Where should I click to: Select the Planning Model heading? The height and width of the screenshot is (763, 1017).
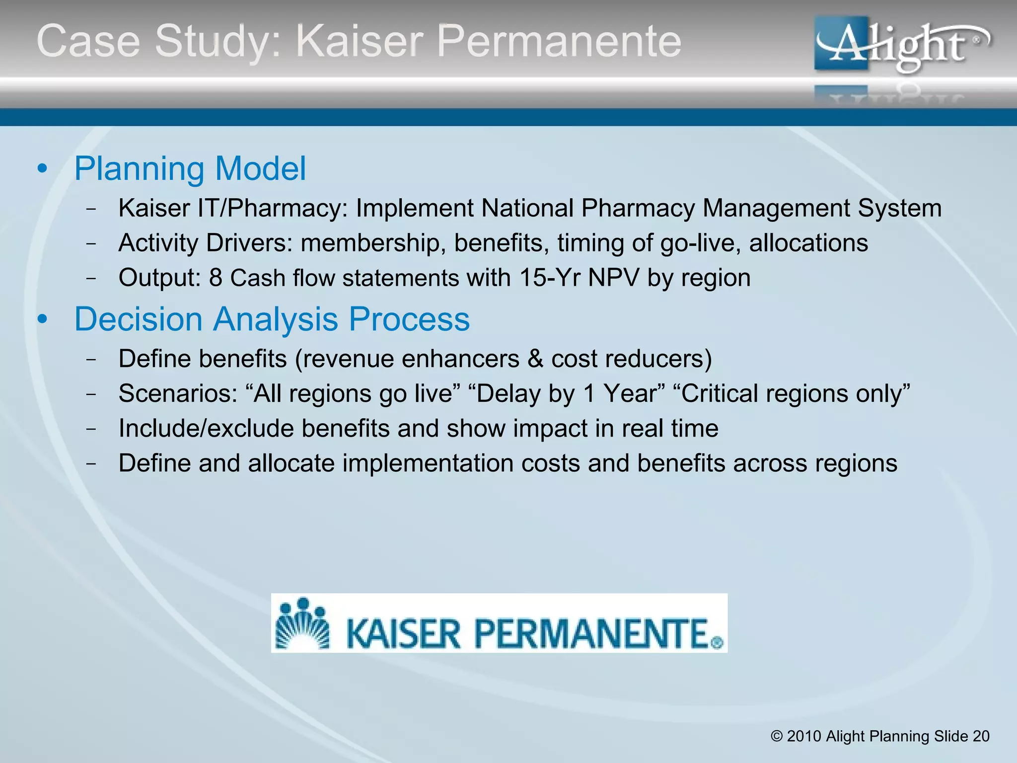click(190, 168)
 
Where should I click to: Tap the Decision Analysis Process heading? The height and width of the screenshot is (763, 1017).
click(272, 319)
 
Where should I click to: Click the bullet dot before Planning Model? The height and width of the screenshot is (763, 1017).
click(42, 169)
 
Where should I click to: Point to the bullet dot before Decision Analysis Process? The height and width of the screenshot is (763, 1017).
click(42, 319)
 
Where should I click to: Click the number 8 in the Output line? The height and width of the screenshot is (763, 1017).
click(216, 278)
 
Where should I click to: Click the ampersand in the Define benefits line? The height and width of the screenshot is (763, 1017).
click(535, 359)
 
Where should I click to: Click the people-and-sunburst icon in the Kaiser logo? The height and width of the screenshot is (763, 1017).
click(302, 623)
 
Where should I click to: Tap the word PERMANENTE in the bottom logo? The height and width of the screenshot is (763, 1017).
click(591, 633)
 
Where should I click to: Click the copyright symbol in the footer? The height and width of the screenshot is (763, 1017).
click(777, 736)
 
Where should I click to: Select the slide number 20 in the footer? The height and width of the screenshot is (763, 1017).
click(981, 736)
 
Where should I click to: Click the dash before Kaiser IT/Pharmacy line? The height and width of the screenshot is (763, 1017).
click(91, 209)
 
